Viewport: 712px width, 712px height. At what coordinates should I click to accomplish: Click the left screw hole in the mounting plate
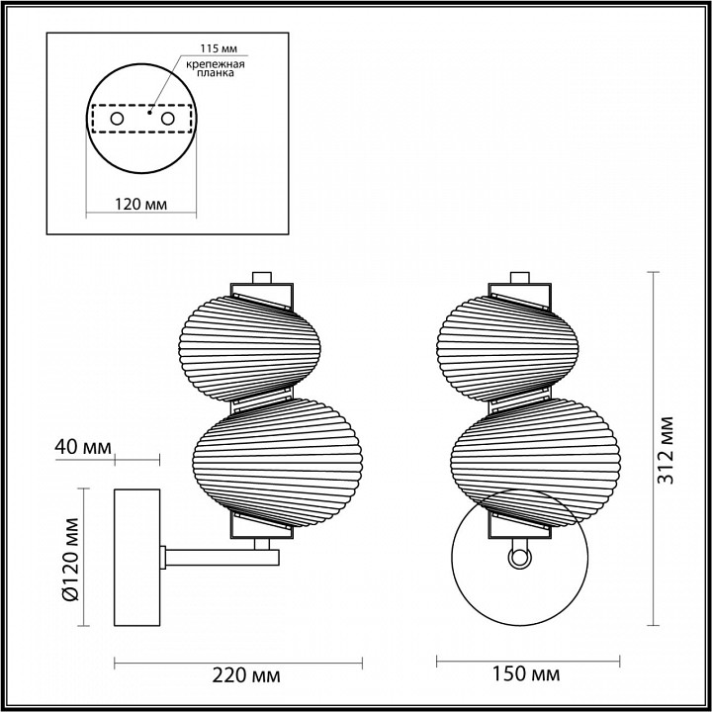click(117, 119)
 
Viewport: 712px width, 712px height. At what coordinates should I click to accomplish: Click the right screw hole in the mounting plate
click(167, 119)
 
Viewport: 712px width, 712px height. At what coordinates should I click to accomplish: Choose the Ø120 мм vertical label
click(69, 560)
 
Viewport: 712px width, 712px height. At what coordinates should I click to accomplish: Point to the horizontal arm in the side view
click(218, 557)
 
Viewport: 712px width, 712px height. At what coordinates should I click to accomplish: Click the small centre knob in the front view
click(518, 559)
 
